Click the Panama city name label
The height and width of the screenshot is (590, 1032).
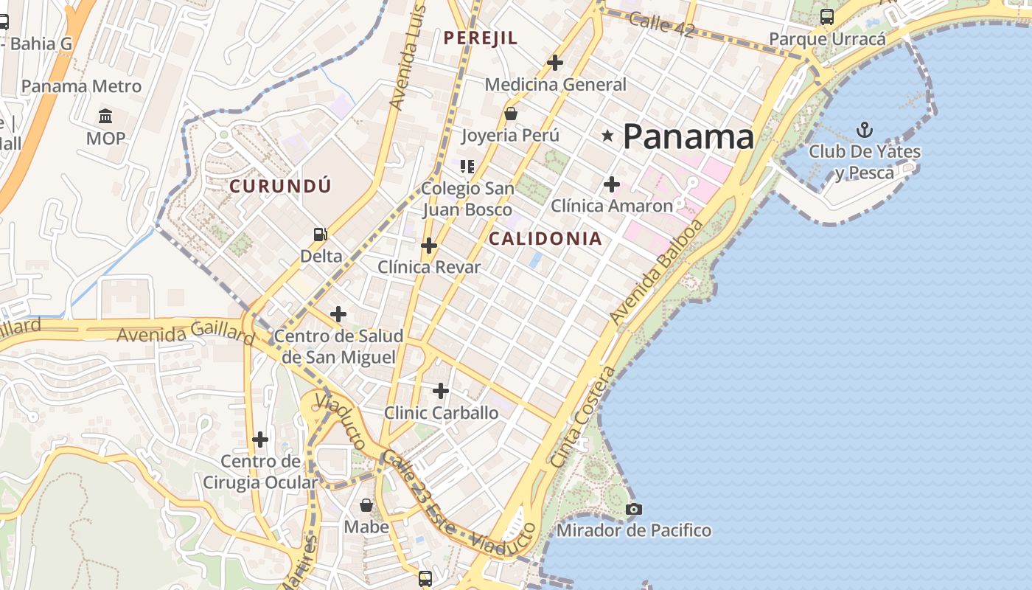(x=688, y=137)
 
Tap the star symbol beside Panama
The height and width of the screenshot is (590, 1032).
(x=607, y=136)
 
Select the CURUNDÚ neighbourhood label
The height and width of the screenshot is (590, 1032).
(x=280, y=187)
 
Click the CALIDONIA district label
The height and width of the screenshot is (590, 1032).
(x=545, y=239)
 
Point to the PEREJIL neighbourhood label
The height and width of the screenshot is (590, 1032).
(x=481, y=38)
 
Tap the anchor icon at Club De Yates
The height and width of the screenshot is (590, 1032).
(x=864, y=131)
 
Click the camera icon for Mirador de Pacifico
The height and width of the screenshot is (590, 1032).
(x=633, y=509)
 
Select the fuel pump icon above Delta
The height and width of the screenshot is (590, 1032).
(x=321, y=235)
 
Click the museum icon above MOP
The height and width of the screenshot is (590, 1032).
(x=105, y=117)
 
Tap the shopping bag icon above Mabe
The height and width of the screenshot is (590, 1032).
(x=366, y=505)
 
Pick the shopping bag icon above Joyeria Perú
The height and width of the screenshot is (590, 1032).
(x=510, y=114)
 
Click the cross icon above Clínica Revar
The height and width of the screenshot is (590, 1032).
(x=428, y=246)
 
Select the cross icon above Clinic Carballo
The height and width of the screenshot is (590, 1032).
(x=441, y=390)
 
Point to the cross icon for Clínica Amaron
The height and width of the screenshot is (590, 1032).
(x=611, y=184)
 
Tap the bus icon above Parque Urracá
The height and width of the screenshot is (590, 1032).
(x=827, y=16)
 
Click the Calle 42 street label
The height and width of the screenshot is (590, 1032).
(x=662, y=24)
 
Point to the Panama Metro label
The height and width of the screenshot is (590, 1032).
(x=81, y=86)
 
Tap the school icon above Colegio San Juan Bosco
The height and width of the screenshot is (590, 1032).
(x=467, y=166)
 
